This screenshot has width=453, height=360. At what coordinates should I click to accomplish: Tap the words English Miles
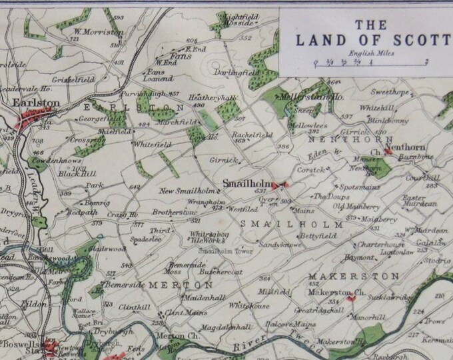tap(370, 54)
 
